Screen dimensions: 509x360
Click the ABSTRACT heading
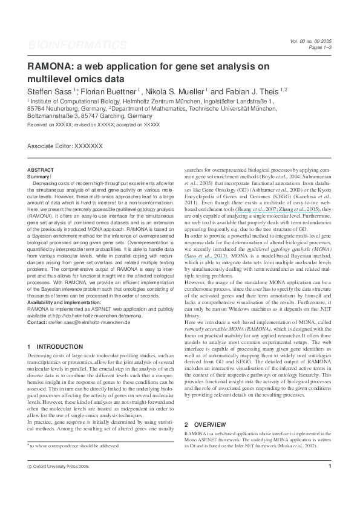(41, 170)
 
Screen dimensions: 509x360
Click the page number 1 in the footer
(329, 483)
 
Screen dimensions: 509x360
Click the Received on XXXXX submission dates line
(94, 124)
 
